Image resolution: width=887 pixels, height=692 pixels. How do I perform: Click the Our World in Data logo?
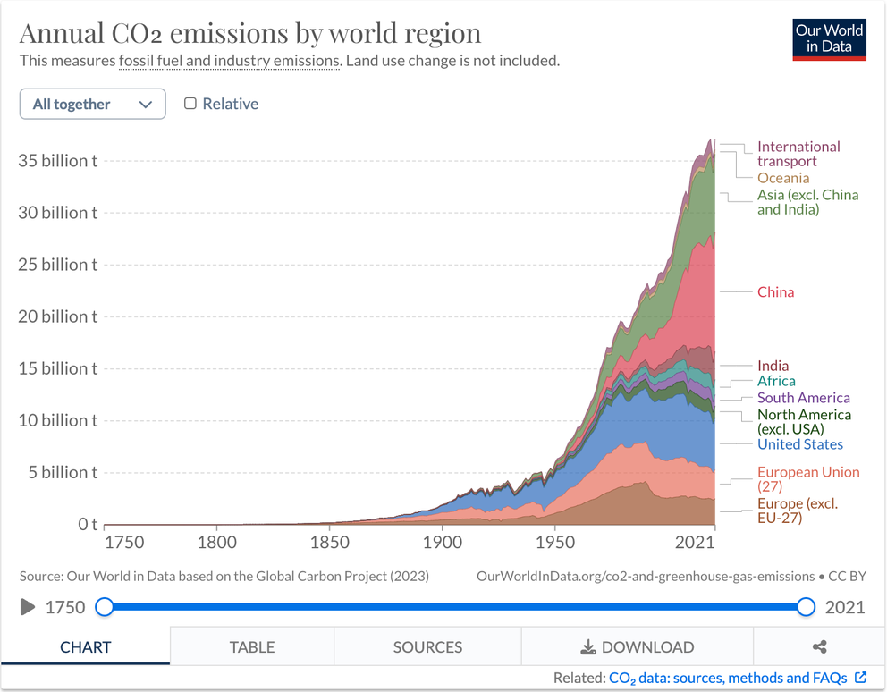(829, 38)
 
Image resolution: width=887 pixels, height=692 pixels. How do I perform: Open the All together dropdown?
(92, 104)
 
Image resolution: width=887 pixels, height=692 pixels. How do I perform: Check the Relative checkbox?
(190, 104)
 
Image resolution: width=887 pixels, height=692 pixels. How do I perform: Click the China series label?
(775, 292)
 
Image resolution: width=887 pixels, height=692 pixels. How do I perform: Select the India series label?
(773, 366)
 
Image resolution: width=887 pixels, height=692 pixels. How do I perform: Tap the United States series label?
(799, 444)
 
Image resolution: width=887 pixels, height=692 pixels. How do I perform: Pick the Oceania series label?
(782, 178)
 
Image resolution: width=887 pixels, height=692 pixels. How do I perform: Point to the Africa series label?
(776, 382)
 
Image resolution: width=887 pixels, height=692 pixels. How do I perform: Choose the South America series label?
(803, 398)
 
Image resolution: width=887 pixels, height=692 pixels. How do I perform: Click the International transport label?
(798, 154)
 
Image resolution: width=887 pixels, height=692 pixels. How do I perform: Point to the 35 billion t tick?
(58, 161)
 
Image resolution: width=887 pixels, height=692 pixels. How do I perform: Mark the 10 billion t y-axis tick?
(58, 420)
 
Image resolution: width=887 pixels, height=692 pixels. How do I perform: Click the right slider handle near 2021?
(806, 607)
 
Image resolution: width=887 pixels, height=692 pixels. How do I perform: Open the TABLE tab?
(251, 646)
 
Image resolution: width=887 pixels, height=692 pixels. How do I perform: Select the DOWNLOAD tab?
(637, 646)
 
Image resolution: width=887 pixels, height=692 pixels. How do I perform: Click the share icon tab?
(819, 646)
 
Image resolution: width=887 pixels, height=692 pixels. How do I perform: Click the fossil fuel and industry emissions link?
(229, 61)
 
